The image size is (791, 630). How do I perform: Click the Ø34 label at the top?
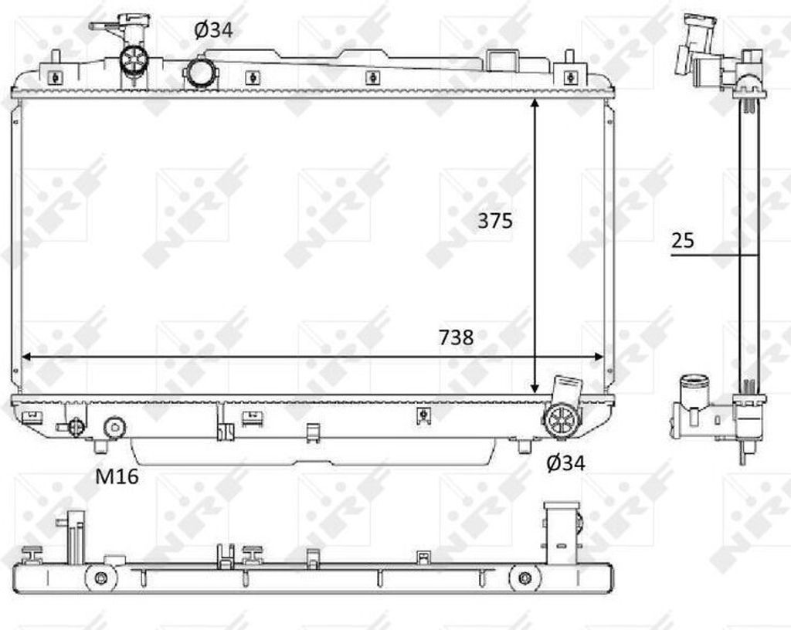(x=212, y=30)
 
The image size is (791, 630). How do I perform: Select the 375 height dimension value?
(x=494, y=221)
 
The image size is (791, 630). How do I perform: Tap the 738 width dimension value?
(x=455, y=337)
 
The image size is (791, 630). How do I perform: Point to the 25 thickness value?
(x=682, y=240)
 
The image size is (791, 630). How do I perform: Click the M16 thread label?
(x=117, y=476)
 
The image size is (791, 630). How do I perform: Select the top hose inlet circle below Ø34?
(x=200, y=73)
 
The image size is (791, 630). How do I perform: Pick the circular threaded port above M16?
(x=114, y=426)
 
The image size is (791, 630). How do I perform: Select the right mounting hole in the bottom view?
(x=525, y=577)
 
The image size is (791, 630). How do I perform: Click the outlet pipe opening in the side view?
(x=692, y=381)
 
